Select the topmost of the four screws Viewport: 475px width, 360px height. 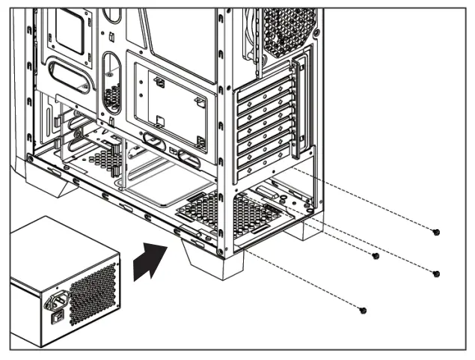click(436, 233)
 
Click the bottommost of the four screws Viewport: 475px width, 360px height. click(364, 310)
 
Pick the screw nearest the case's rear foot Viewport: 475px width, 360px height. click(376, 256)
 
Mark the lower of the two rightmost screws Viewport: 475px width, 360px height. click(436, 273)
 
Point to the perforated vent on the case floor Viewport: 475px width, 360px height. click(224, 213)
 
